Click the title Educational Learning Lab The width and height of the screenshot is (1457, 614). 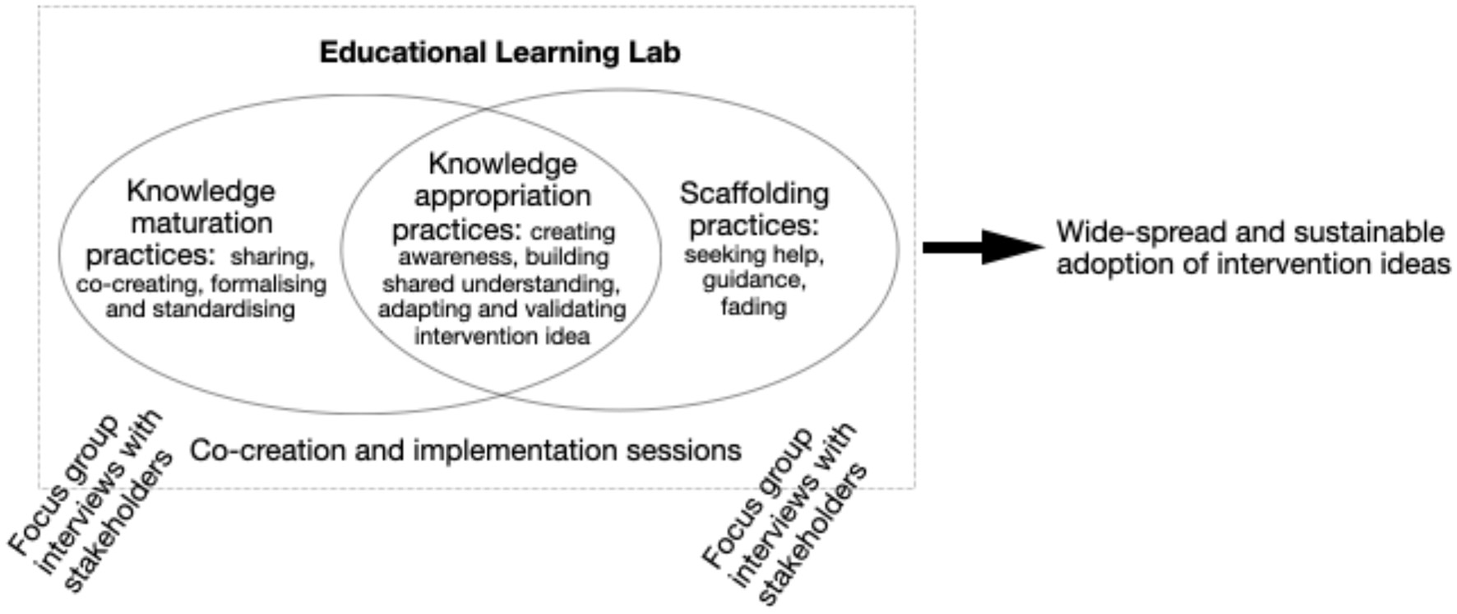click(499, 52)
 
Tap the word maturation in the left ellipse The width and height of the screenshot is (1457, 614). click(201, 223)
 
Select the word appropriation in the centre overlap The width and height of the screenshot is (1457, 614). click(502, 196)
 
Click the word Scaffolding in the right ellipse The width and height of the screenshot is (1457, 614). click(754, 193)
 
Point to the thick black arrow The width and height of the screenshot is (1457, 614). click(982, 246)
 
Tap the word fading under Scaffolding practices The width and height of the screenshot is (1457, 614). click(753, 307)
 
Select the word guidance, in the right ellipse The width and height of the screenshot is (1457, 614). click(753, 281)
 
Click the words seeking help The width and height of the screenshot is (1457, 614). click(753, 254)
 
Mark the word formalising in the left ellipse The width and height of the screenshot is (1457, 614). click(268, 284)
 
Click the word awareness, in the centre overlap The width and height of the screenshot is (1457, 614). click(455, 258)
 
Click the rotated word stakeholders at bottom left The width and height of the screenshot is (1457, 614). click(118, 521)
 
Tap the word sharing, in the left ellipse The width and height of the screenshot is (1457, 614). click(272, 257)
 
